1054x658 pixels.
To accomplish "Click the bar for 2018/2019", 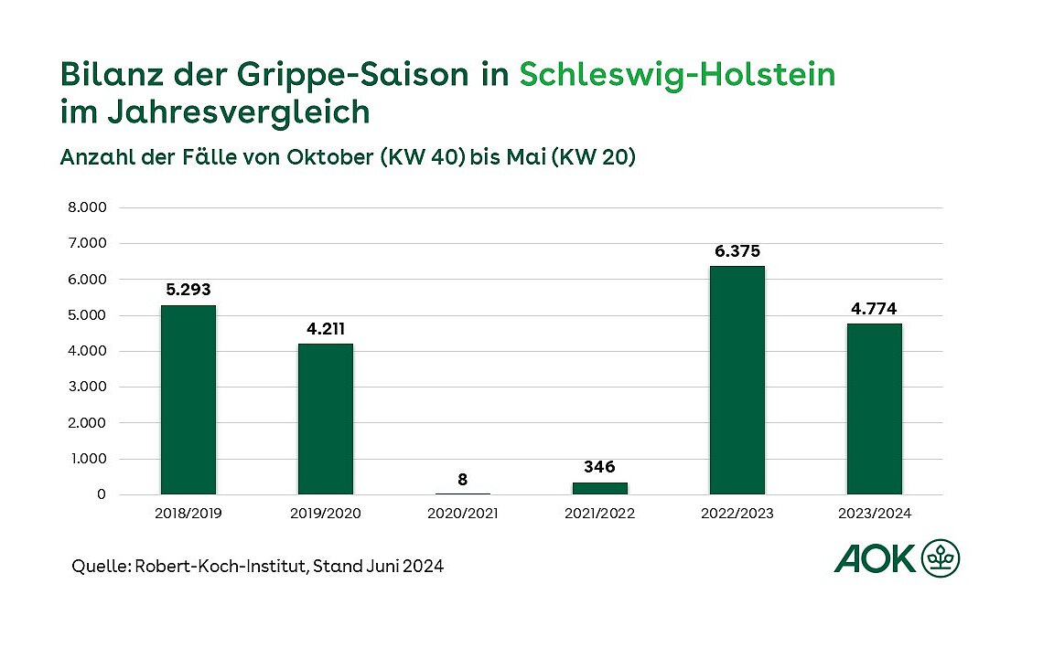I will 188,399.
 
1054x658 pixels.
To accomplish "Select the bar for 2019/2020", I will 325,419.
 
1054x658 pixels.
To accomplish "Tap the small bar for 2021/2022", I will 599,488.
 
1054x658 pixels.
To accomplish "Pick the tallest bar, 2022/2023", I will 737,380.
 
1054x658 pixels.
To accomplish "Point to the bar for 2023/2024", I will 874,409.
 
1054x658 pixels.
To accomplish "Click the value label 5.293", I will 188,290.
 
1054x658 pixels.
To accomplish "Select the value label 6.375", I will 737,250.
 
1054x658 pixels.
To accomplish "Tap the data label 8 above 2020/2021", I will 462,478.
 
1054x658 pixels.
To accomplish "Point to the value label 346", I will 599,467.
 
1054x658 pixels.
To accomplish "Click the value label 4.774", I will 874,308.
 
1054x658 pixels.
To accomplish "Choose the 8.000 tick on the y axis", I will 88,207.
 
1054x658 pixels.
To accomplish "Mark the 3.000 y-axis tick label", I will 88,387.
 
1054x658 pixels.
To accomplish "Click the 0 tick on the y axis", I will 101,495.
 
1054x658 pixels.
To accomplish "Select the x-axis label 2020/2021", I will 462,514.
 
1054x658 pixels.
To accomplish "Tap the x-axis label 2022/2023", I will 737,514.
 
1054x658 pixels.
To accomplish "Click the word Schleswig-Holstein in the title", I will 677,74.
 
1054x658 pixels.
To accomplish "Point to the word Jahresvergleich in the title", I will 214,111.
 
